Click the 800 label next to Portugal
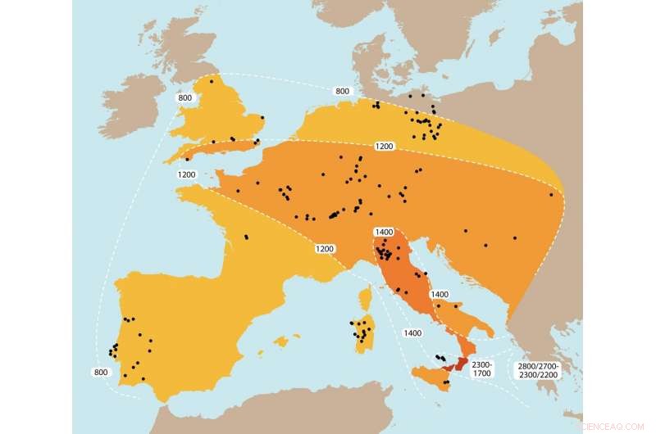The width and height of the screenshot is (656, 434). [101, 373]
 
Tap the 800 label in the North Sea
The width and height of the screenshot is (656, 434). [343, 91]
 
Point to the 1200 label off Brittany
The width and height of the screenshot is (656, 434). [187, 174]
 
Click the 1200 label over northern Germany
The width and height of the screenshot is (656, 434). [385, 146]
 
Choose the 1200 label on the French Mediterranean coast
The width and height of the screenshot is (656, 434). [326, 248]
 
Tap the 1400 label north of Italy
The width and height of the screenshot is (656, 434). [383, 233]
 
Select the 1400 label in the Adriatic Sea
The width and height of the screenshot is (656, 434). [440, 294]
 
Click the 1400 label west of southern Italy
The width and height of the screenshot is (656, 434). [412, 332]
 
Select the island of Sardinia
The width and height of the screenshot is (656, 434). [363, 336]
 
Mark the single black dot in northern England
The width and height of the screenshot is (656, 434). [212, 81]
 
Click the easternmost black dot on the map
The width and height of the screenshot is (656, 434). [551, 194]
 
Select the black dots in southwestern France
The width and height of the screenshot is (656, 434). [246, 237]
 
